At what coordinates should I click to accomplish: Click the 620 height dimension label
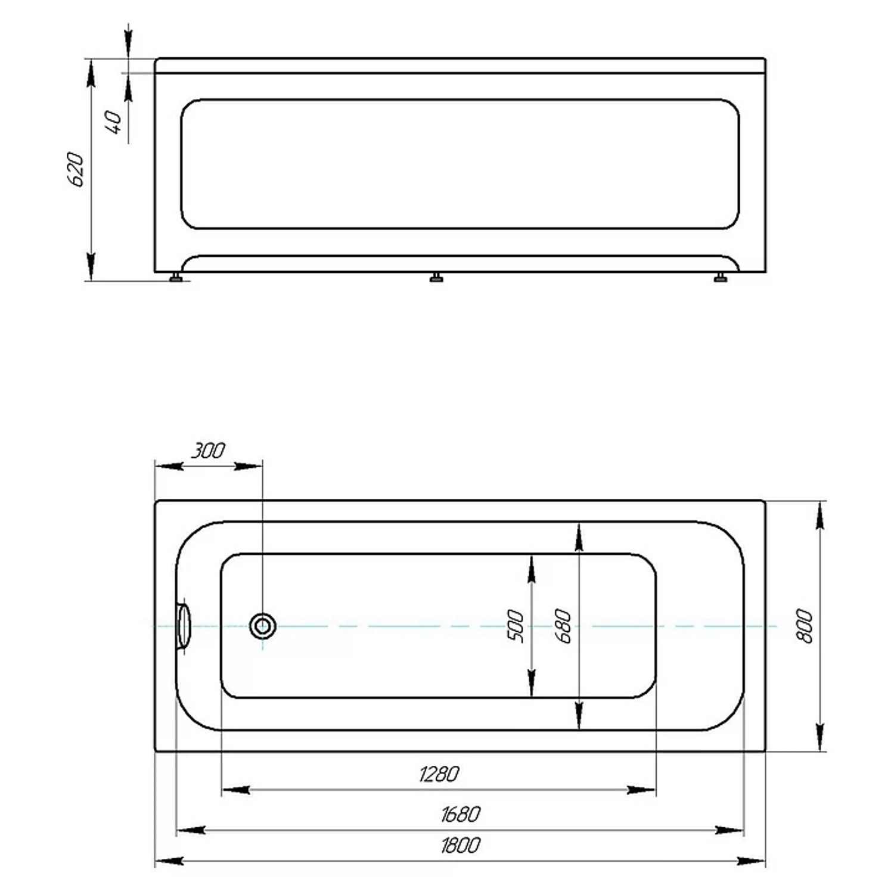[76, 170]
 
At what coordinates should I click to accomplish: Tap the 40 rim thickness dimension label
[115, 122]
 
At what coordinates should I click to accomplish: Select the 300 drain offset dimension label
[208, 451]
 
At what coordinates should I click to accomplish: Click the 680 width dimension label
[563, 626]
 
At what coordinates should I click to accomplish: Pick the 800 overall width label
[805, 626]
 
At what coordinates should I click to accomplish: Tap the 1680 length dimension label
[460, 814]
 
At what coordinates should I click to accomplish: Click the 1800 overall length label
[460, 845]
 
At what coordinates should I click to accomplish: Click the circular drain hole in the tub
[262, 626]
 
